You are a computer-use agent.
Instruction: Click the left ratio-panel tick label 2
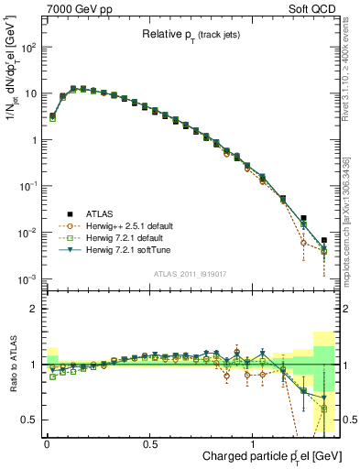click(32, 309)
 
